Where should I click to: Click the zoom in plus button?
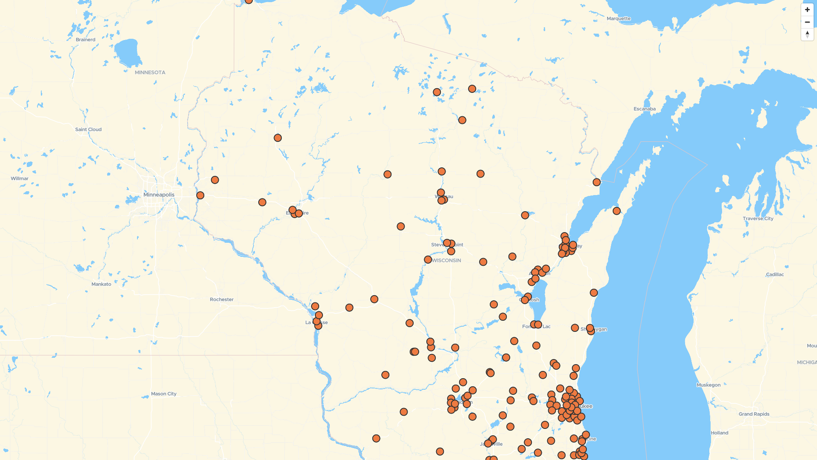(x=807, y=9)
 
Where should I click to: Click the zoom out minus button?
(x=807, y=22)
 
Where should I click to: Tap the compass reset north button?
(x=807, y=34)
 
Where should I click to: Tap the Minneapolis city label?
(x=159, y=195)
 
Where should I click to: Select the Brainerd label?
(x=86, y=40)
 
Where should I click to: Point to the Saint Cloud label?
(x=89, y=129)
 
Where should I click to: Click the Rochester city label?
(x=222, y=299)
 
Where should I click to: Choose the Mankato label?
(x=101, y=284)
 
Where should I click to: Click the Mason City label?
(x=164, y=394)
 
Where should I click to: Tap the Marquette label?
(x=619, y=18)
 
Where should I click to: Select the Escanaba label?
(x=645, y=109)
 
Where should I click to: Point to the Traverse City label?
(x=758, y=218)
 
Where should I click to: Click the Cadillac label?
(x=775, y=274)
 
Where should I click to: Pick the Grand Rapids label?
(x=754, y=414)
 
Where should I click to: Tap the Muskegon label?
(x=708, y=385)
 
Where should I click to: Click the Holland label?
(x=720, y=433)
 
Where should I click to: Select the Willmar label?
(x=20, y=178)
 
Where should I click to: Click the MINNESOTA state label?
(x=150, y=72)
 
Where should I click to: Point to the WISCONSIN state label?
(x=447, y=260)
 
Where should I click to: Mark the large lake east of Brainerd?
(x=127, y=53)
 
